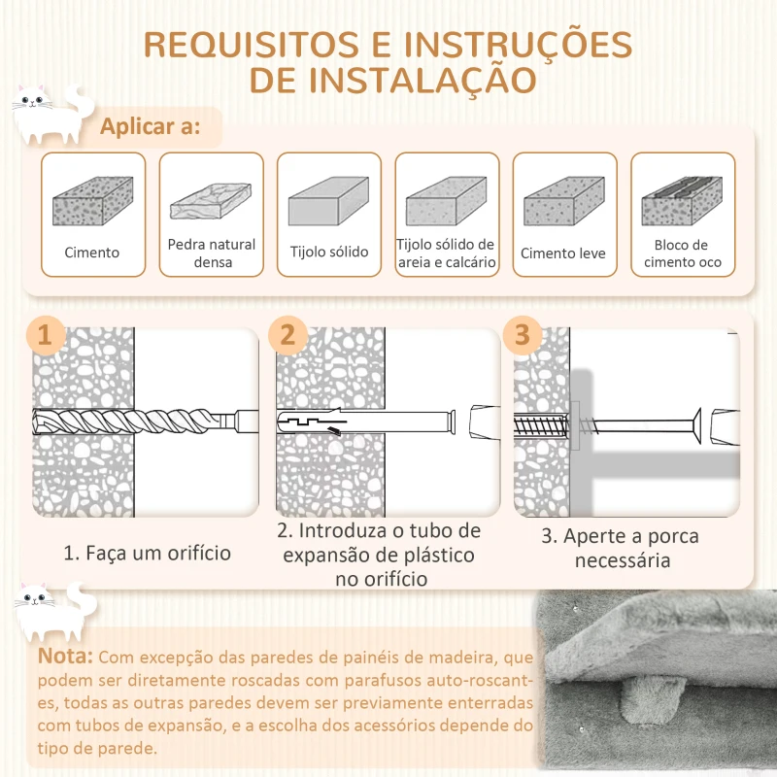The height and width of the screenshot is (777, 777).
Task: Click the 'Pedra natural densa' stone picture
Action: (211, 201)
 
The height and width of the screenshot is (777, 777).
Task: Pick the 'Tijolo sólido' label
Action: (329, 253)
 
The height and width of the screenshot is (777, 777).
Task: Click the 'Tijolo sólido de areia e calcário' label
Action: (447, 253)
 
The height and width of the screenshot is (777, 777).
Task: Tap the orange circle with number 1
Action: (45, 336)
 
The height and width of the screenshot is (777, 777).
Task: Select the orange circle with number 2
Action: (287, 335)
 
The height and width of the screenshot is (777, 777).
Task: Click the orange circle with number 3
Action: (523, 335)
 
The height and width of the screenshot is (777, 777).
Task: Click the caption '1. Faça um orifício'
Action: (148, 554)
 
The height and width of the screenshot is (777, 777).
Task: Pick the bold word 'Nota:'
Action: (66, 658)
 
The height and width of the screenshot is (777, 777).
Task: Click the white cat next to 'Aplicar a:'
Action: (47, 117)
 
